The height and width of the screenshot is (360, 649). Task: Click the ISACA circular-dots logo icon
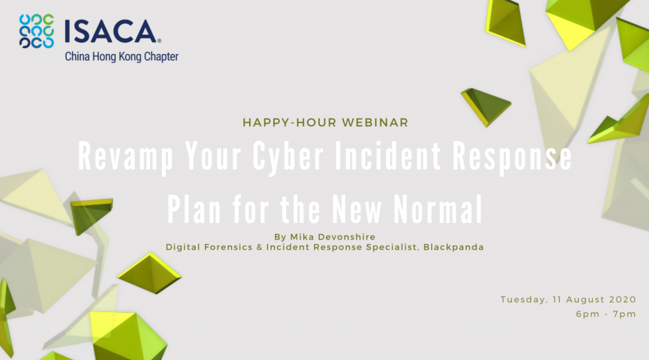click(36, 32)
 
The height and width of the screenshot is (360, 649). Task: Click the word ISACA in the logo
click(110, 32)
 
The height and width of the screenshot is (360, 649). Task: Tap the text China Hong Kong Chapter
click(121, 56)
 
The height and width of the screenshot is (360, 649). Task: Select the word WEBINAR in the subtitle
click(375, 122)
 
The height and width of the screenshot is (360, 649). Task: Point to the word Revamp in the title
click(126, 156)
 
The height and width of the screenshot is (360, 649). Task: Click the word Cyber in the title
click(288, 156)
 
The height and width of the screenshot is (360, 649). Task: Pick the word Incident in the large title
click(389, 155)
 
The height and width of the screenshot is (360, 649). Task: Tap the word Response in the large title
click(512, 156)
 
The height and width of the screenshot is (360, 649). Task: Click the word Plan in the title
click(194, 209)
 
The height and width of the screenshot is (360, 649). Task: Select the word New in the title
click(357, 209)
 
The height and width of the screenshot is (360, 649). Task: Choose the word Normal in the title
click(438, 209)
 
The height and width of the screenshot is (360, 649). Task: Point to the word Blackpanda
click(453, 247)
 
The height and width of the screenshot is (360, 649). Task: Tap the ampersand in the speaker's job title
click(259, 247)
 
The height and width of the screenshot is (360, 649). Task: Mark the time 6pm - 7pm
click(606, 314)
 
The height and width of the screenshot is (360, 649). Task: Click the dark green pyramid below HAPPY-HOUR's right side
click(486, 106)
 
